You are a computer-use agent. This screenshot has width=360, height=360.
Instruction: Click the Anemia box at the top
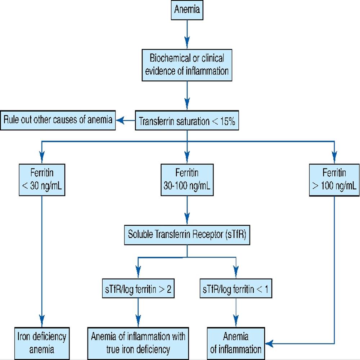pyautogui.click(x=187, y=9)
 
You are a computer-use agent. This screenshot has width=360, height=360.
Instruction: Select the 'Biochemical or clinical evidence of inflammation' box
pyautogui.click(x=187, y=64)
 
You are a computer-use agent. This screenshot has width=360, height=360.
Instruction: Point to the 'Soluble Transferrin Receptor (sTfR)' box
pyautogui.click(x=187, y=235)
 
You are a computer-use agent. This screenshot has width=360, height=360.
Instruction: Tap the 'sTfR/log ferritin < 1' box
pyautogui.click(x=235, y=290)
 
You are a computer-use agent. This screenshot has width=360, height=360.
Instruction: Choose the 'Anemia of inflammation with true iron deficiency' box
pyautogui.click(x=138, y=343)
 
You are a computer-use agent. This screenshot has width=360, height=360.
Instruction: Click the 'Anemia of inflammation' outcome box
pyautogui.click(x=235, y=343)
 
